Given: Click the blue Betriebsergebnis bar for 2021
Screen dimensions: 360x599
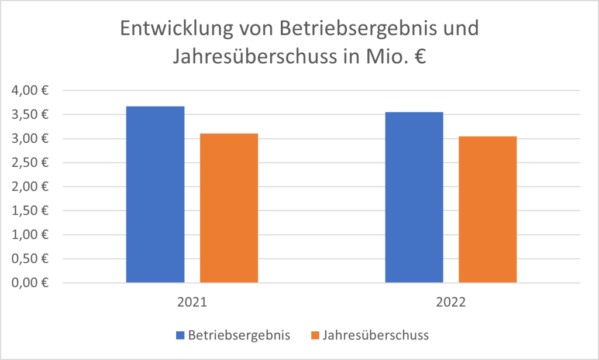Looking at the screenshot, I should (155, 194).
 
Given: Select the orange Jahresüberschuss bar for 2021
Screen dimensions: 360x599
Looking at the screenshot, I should (229, 208).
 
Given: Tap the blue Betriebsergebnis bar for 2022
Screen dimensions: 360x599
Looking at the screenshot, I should (414, 197).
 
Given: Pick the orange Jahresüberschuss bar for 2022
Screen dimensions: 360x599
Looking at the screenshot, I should (487, 210).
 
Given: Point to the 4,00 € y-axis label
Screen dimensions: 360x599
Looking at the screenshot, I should (29, 91).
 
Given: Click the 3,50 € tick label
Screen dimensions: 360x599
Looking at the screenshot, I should (29, 115).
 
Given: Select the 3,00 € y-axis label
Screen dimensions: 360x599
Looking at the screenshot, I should (29, 139).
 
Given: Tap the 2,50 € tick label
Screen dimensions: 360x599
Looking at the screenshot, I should (29, 163).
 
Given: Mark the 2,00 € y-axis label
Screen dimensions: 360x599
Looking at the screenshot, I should (29, 187).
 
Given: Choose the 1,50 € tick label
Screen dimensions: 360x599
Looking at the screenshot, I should (29, 211).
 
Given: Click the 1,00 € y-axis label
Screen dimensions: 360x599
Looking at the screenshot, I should (29, 235).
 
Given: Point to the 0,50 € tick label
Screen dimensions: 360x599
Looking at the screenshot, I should (29, 259).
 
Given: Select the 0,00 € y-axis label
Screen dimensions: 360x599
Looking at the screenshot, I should (29, 283).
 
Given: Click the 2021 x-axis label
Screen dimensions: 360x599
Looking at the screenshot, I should (192, 303).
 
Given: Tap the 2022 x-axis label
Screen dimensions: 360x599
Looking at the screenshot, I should (451, 303).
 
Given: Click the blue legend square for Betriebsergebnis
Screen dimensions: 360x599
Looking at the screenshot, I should (180, 335).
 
